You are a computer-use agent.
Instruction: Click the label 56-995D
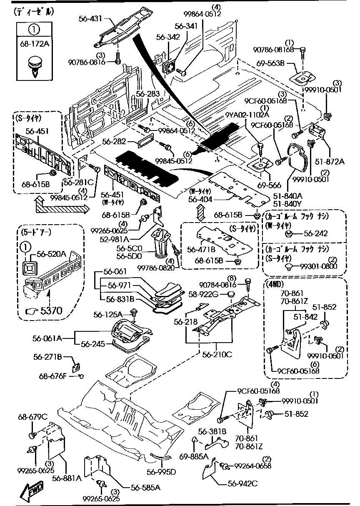coord(161,472)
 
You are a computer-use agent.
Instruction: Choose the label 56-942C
coord(243,483)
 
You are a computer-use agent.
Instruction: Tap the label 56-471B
coord(201,249)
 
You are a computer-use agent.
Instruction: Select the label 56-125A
coord(108,314)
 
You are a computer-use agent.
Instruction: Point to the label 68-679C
coord(33,417)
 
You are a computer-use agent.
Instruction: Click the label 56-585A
coord(146,487)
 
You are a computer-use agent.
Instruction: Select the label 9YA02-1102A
coord(247,115)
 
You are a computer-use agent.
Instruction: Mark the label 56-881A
coord(67,478)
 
